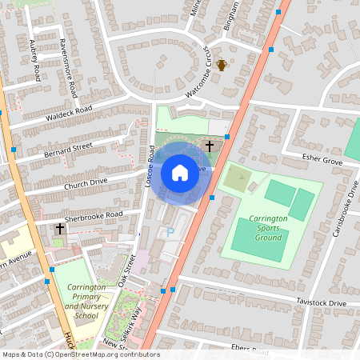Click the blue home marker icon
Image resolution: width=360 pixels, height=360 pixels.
point(180,172)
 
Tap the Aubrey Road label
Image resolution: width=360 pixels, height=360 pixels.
point(34,61)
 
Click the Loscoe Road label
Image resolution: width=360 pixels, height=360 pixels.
point(150,166)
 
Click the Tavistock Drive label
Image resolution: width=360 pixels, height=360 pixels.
point(322,303)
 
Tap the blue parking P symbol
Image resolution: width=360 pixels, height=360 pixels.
point(170,231)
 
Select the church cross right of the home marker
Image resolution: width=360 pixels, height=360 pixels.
point(210,146)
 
